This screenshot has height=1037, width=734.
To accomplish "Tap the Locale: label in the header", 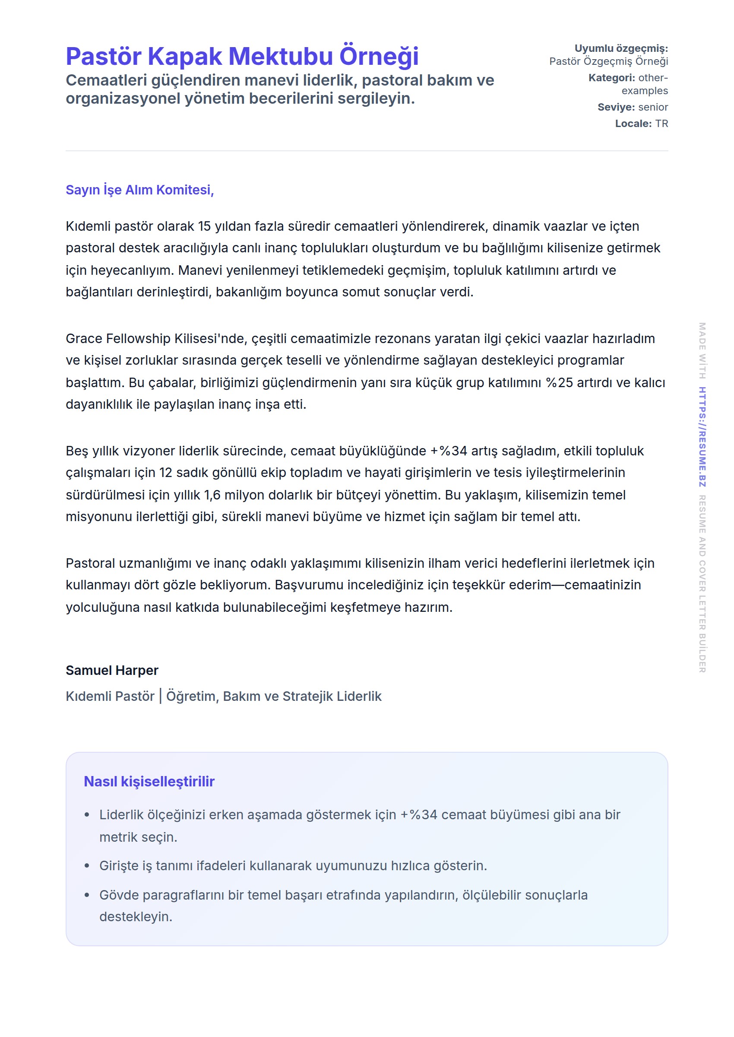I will click(x=633, y=124).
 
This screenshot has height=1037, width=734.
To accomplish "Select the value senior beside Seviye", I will click(x=653, y=107).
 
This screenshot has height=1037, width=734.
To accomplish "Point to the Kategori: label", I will click(x=611, y=78).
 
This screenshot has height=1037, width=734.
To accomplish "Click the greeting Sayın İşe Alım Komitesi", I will click(x=139, y=190).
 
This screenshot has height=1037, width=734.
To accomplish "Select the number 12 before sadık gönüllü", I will click(x=165, y=473).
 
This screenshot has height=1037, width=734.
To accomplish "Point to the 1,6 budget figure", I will click(x=212, y=495).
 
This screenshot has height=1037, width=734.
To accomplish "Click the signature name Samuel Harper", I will click(x=112, y=670).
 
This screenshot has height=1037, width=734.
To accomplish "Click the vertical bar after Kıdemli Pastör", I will click(x=161, y=696).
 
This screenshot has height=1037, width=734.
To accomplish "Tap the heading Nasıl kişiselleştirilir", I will click(x=149, y=782).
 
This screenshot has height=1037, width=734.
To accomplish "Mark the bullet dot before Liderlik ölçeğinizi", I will click(x=87, y=815).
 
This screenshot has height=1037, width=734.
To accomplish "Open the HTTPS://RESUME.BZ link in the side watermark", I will click(x=702, y=436).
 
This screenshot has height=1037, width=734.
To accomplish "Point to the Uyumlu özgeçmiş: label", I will click(x=621, y=48).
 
